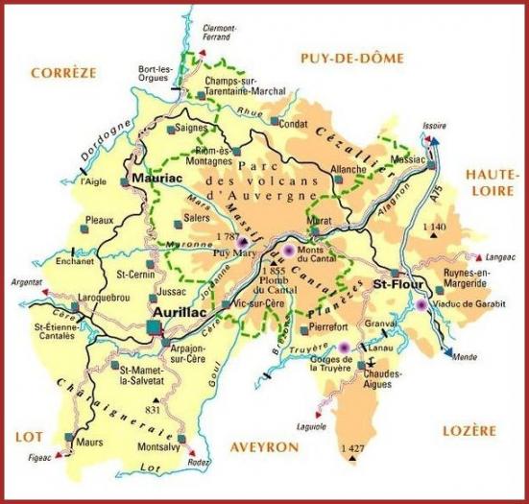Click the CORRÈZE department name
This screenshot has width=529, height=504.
pyautogui.click(x=63, y=72)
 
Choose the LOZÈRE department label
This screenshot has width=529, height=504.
pyautogui.click(x=469, y=430)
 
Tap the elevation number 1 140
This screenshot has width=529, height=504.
pyautogui.click(x=435, y=226)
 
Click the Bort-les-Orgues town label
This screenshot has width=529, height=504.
pyautogui.click(x=155, y=72)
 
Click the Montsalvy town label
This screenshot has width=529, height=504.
pyautogui.click(x=160, y=447)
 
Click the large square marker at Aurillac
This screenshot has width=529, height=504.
pyautogui.click(x=155, y=328)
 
